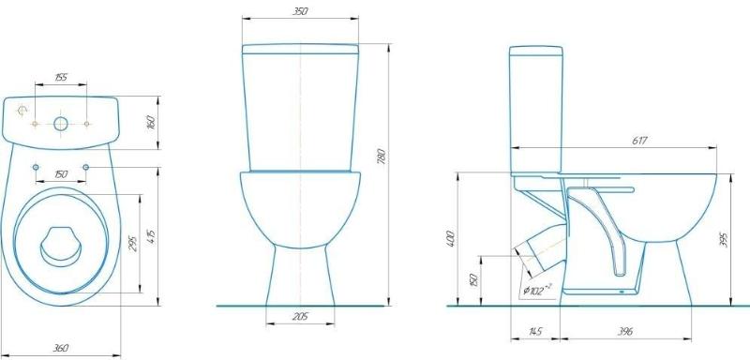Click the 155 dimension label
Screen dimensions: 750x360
61,78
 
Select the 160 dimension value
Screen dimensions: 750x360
151,123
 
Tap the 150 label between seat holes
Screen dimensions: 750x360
61,174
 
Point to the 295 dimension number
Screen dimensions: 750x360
133,244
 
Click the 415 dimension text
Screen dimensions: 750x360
151,237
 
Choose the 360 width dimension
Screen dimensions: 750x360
60,348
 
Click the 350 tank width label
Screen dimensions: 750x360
300,11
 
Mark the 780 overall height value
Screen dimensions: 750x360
382,156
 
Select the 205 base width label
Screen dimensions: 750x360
300,317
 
